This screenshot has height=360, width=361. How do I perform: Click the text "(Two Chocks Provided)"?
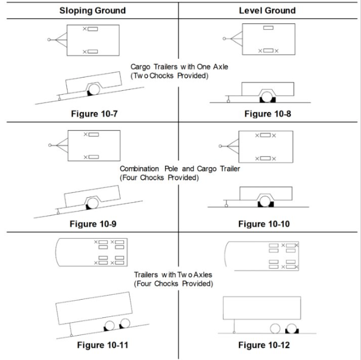pyautogui.click(x=169, y=75)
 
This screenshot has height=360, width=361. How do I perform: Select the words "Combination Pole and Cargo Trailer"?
pyautogui.click(x=180, y=169)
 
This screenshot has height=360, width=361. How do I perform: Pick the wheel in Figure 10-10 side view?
pyautogui.click(x=269, y=204)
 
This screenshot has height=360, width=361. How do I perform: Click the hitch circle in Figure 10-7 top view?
pyautogui.click(x=50, y=39)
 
